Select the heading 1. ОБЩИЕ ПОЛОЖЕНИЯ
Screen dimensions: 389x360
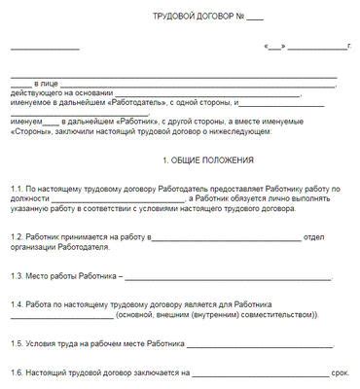208,159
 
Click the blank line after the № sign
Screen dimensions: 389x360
255,18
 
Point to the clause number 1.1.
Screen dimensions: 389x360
18,187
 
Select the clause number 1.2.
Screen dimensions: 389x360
18,236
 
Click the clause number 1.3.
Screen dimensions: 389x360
18,275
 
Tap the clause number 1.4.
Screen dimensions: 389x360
18,304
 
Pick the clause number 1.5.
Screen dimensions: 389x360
18,343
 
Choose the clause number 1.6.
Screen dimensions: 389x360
18,372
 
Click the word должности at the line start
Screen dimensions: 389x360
30,197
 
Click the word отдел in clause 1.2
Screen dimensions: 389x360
314,236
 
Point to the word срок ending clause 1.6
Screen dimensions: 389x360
340,372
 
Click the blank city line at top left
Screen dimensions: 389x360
45,48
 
